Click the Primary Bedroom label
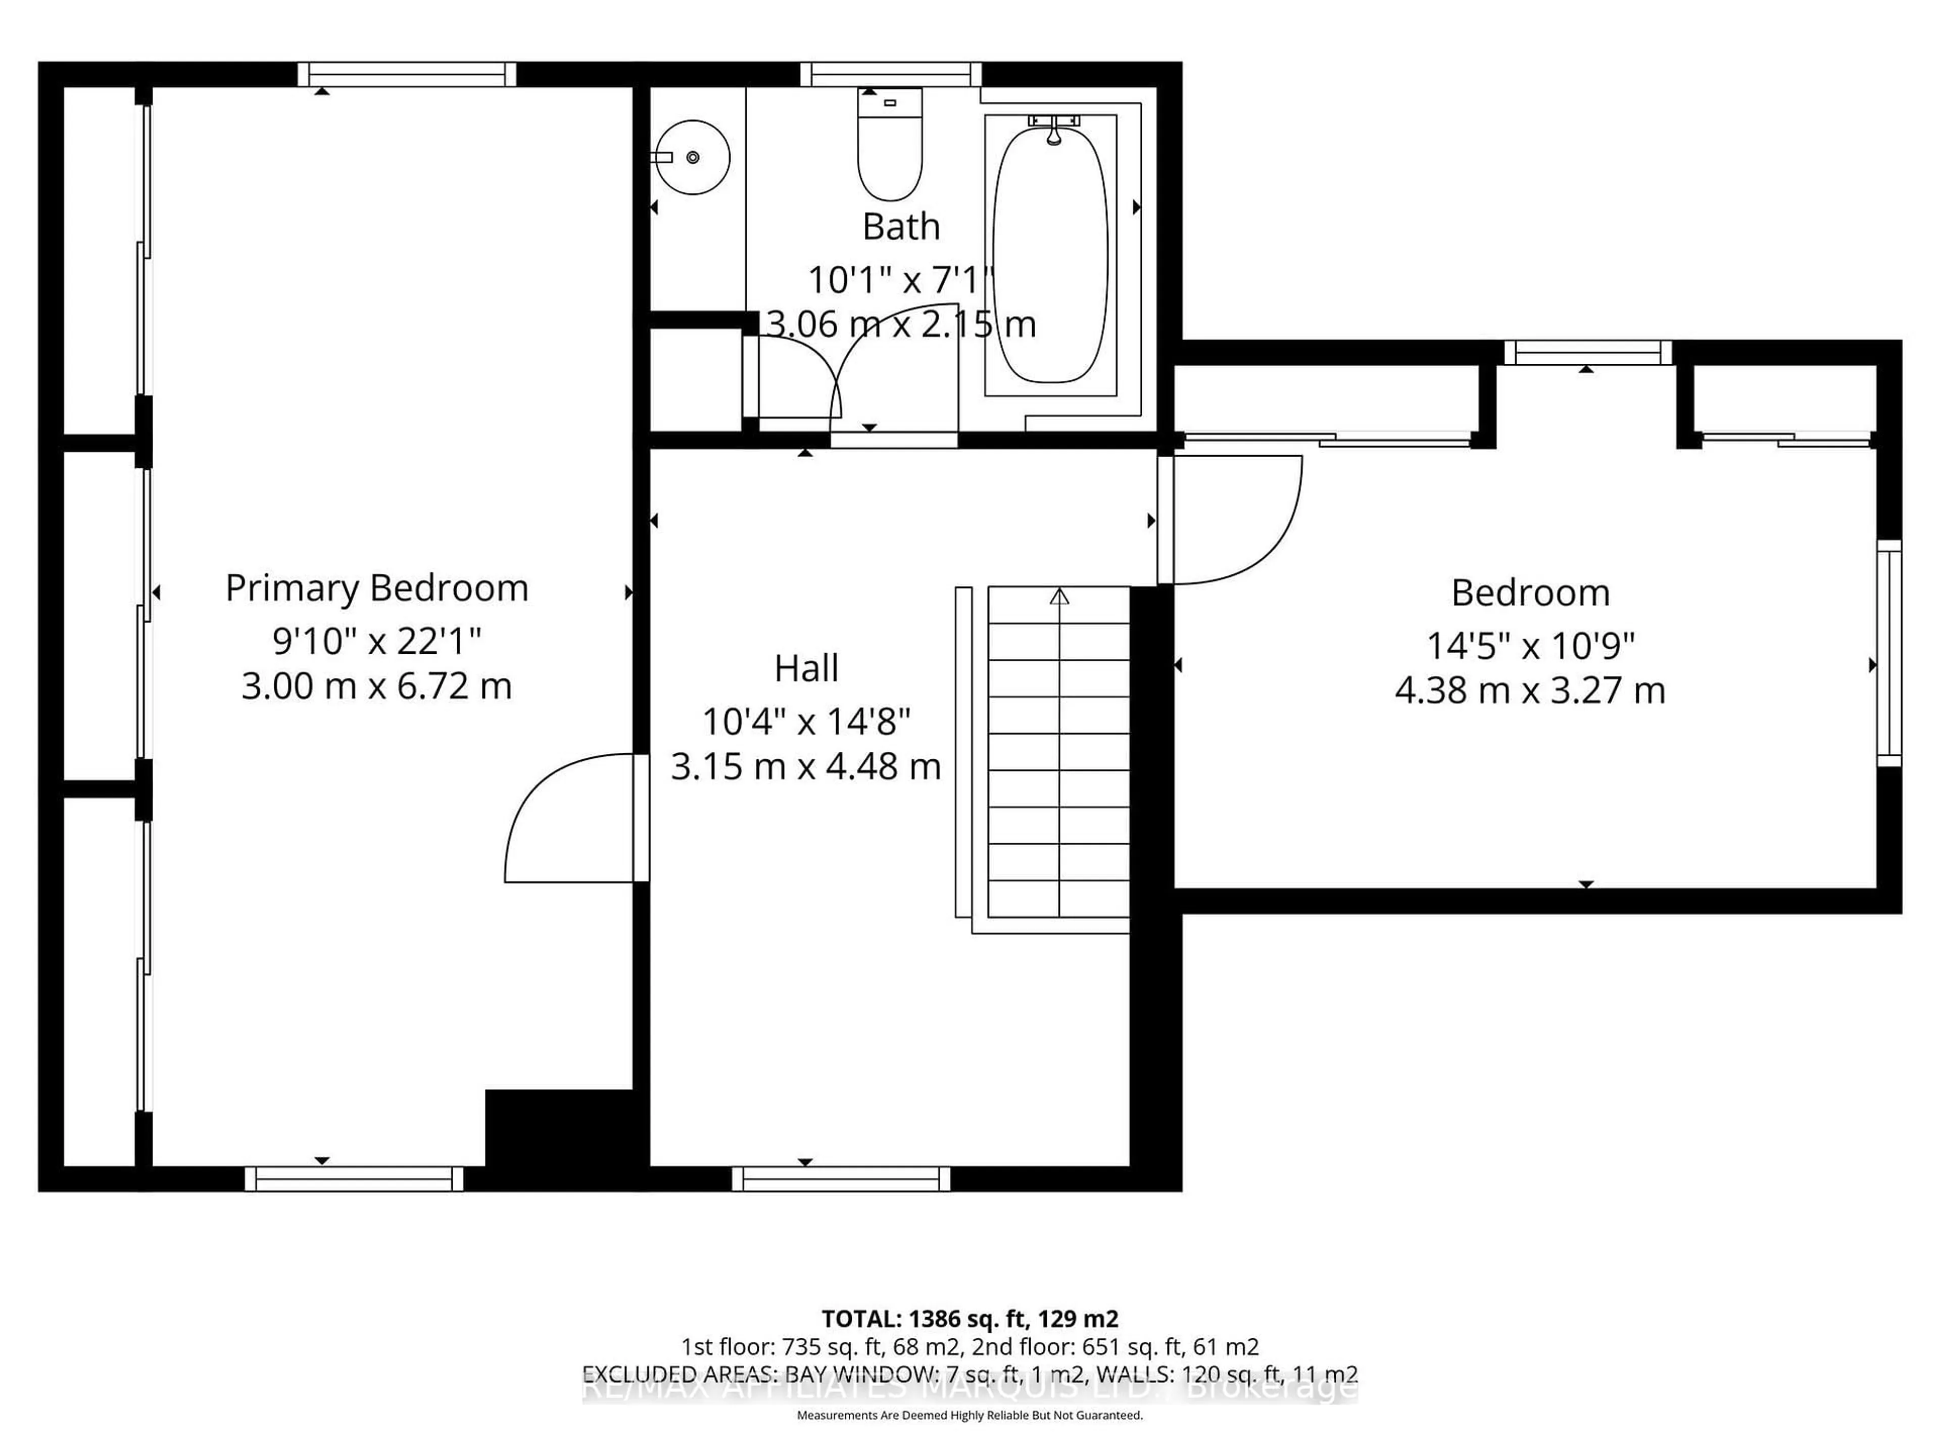tap(376, 589)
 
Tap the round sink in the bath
tap(693, 157)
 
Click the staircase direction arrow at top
tap(1059, 597)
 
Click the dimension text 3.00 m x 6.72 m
tap(376, 687)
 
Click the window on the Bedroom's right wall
tap(1888, 653)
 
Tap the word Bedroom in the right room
tap(1530, 594)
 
